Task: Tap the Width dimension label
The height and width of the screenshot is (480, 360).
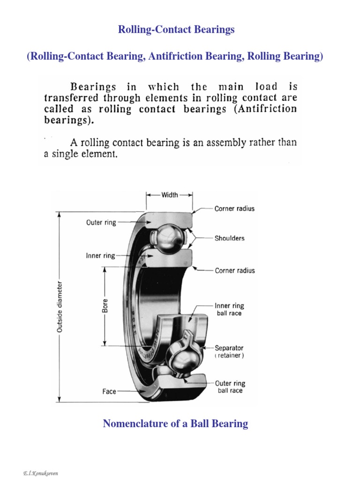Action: [169, 195]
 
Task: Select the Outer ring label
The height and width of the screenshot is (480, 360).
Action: [101, 223]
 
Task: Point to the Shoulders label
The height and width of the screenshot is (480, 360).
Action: [230, 238]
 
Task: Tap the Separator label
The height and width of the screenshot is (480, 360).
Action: [229, 348]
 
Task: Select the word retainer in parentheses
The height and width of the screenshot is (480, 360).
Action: [229, 356]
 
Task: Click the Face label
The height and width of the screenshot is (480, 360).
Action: [109, 391]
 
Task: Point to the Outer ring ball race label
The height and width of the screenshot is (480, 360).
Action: [230, 386]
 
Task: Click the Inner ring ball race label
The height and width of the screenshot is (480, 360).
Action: [230, 309]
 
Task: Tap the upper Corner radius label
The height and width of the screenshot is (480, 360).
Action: [234, 209]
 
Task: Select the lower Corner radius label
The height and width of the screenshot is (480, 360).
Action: [234, 270]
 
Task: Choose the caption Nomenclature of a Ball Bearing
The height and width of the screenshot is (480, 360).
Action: [175, 424]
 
